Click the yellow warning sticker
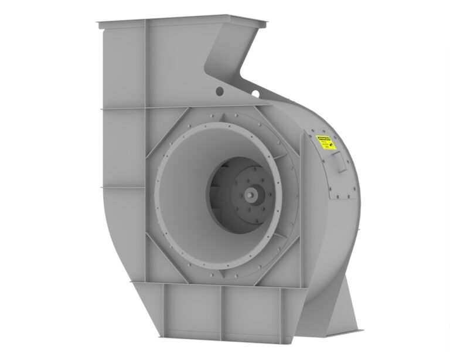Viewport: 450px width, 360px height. coord(326,142)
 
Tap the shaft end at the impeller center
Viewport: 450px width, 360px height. coord(253,191)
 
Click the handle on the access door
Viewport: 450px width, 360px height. coord(340,167)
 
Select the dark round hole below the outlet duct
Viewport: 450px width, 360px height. coord(219,91)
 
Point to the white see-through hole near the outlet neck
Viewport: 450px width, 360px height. coord(255,93)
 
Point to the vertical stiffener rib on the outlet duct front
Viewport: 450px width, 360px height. coord(145,64)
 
